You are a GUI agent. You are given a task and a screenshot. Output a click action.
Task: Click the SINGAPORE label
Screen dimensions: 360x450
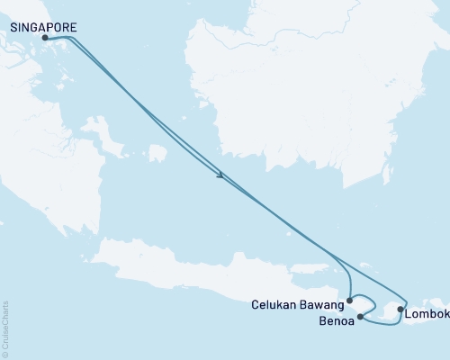[x=42, y=28]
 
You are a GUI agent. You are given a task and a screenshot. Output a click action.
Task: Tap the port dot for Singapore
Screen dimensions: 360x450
[x=45, y=39]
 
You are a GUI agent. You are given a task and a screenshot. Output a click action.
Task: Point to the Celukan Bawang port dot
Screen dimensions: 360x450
[x=350, y=301]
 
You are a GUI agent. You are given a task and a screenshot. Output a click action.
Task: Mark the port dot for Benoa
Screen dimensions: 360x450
[x=360, y=316]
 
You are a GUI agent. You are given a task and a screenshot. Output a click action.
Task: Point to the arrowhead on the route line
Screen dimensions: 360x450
[x=220, y=175]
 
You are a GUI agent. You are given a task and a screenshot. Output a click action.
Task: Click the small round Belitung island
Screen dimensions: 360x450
[x=157, y=153]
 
